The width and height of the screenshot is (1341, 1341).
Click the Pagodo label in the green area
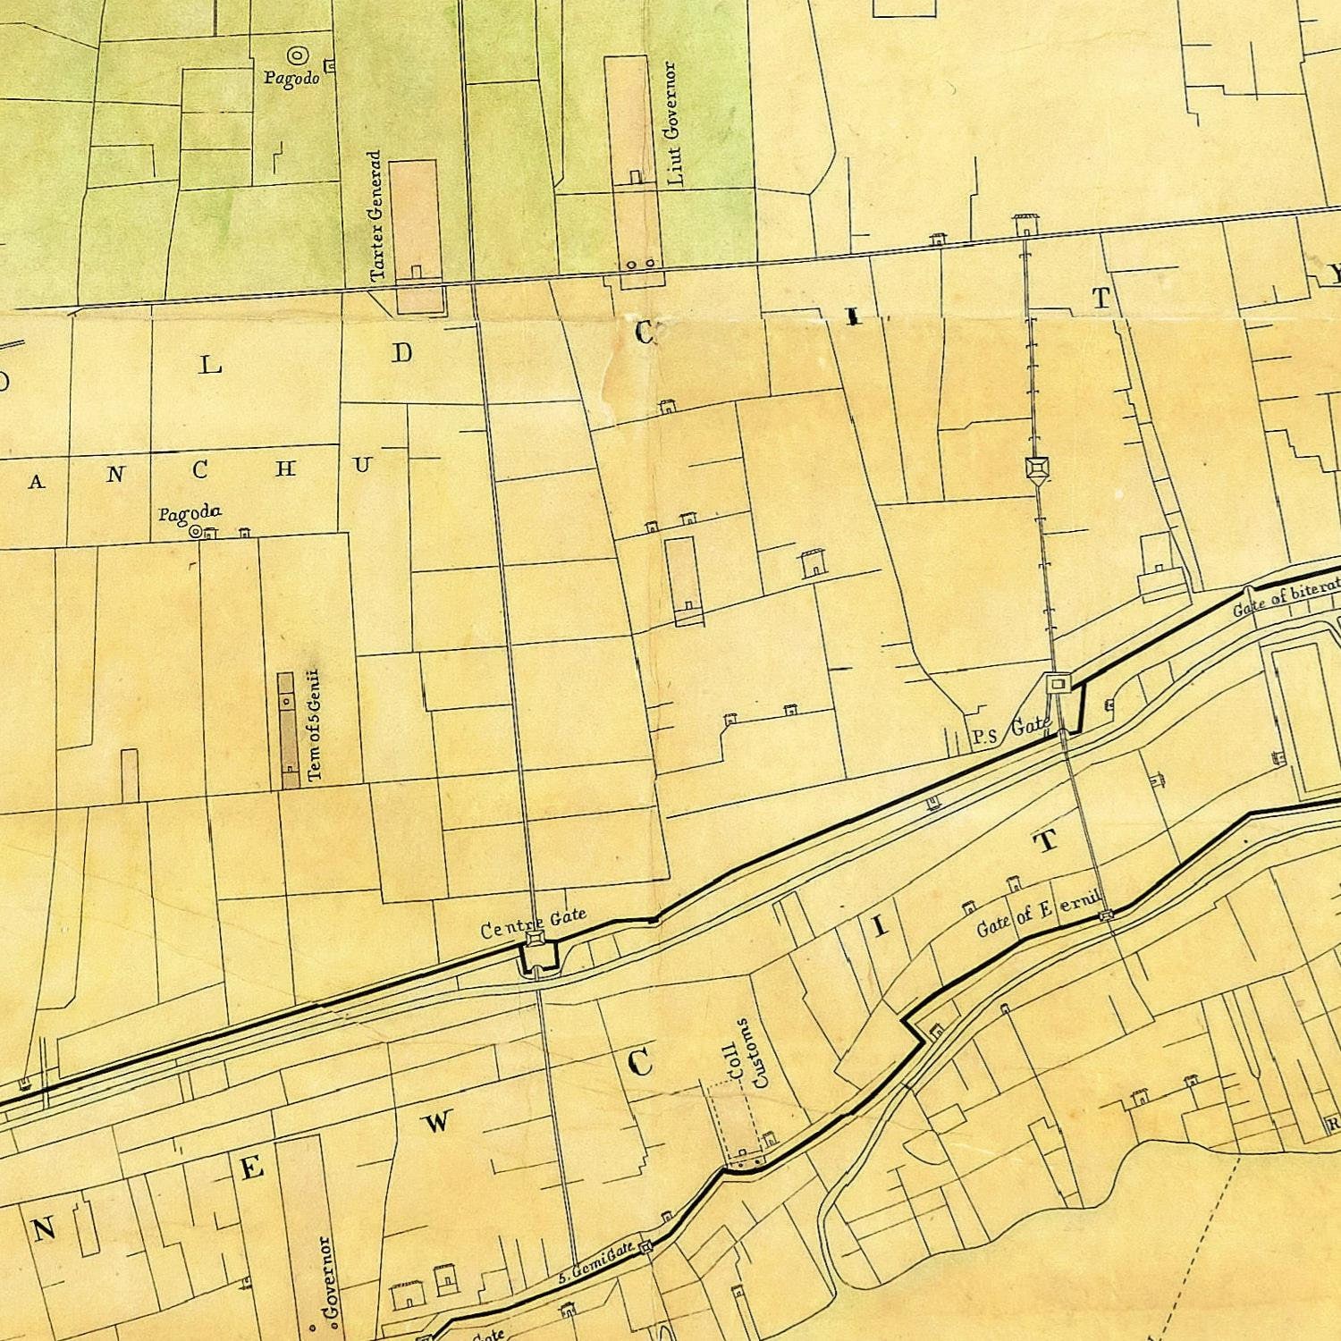coord(291,78)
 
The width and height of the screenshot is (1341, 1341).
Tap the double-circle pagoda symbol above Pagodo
coord(296,55)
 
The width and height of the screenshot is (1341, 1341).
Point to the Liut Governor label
coord(675,123)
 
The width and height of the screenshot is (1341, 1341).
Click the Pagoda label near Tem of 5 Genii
coord(190,513)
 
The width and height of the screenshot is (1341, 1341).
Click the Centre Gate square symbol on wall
coord(535,939)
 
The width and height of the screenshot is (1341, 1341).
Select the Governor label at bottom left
coord(327,1278)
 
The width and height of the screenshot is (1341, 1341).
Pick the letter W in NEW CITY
coord(438,1122)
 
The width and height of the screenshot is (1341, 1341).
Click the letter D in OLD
coord(402,353)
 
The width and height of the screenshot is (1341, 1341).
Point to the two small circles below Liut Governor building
coord(640,265)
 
